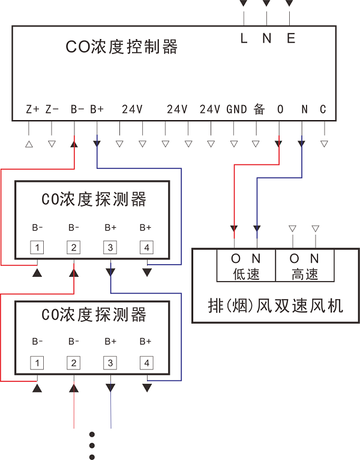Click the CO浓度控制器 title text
click(x=121, y=47)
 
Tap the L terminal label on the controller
click(x=244, y=38)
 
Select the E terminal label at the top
click(x=291, y=38)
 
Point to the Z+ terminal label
click(x=32, y=109)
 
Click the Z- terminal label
click(x=52, y=109)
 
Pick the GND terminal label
click(x=236, y=109)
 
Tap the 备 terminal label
click(x=259, y=109)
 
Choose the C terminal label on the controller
click(x=323, y=109)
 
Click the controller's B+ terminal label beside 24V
click(x=97, y=109)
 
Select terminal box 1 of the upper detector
click(x=38, y=247)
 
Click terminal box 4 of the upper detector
click(x=146, y=247)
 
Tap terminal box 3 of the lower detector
click(x=110, y=363)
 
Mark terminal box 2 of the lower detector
click(x=74, y=363)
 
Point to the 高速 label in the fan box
click(x=304, y=274)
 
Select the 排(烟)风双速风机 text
click(x=275, y=306)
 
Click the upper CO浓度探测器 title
click(x=94, y=199)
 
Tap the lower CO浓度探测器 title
click(x=94, y=314)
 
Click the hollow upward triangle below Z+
click(x=29, y=144)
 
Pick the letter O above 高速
click(x=294, y=259)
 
